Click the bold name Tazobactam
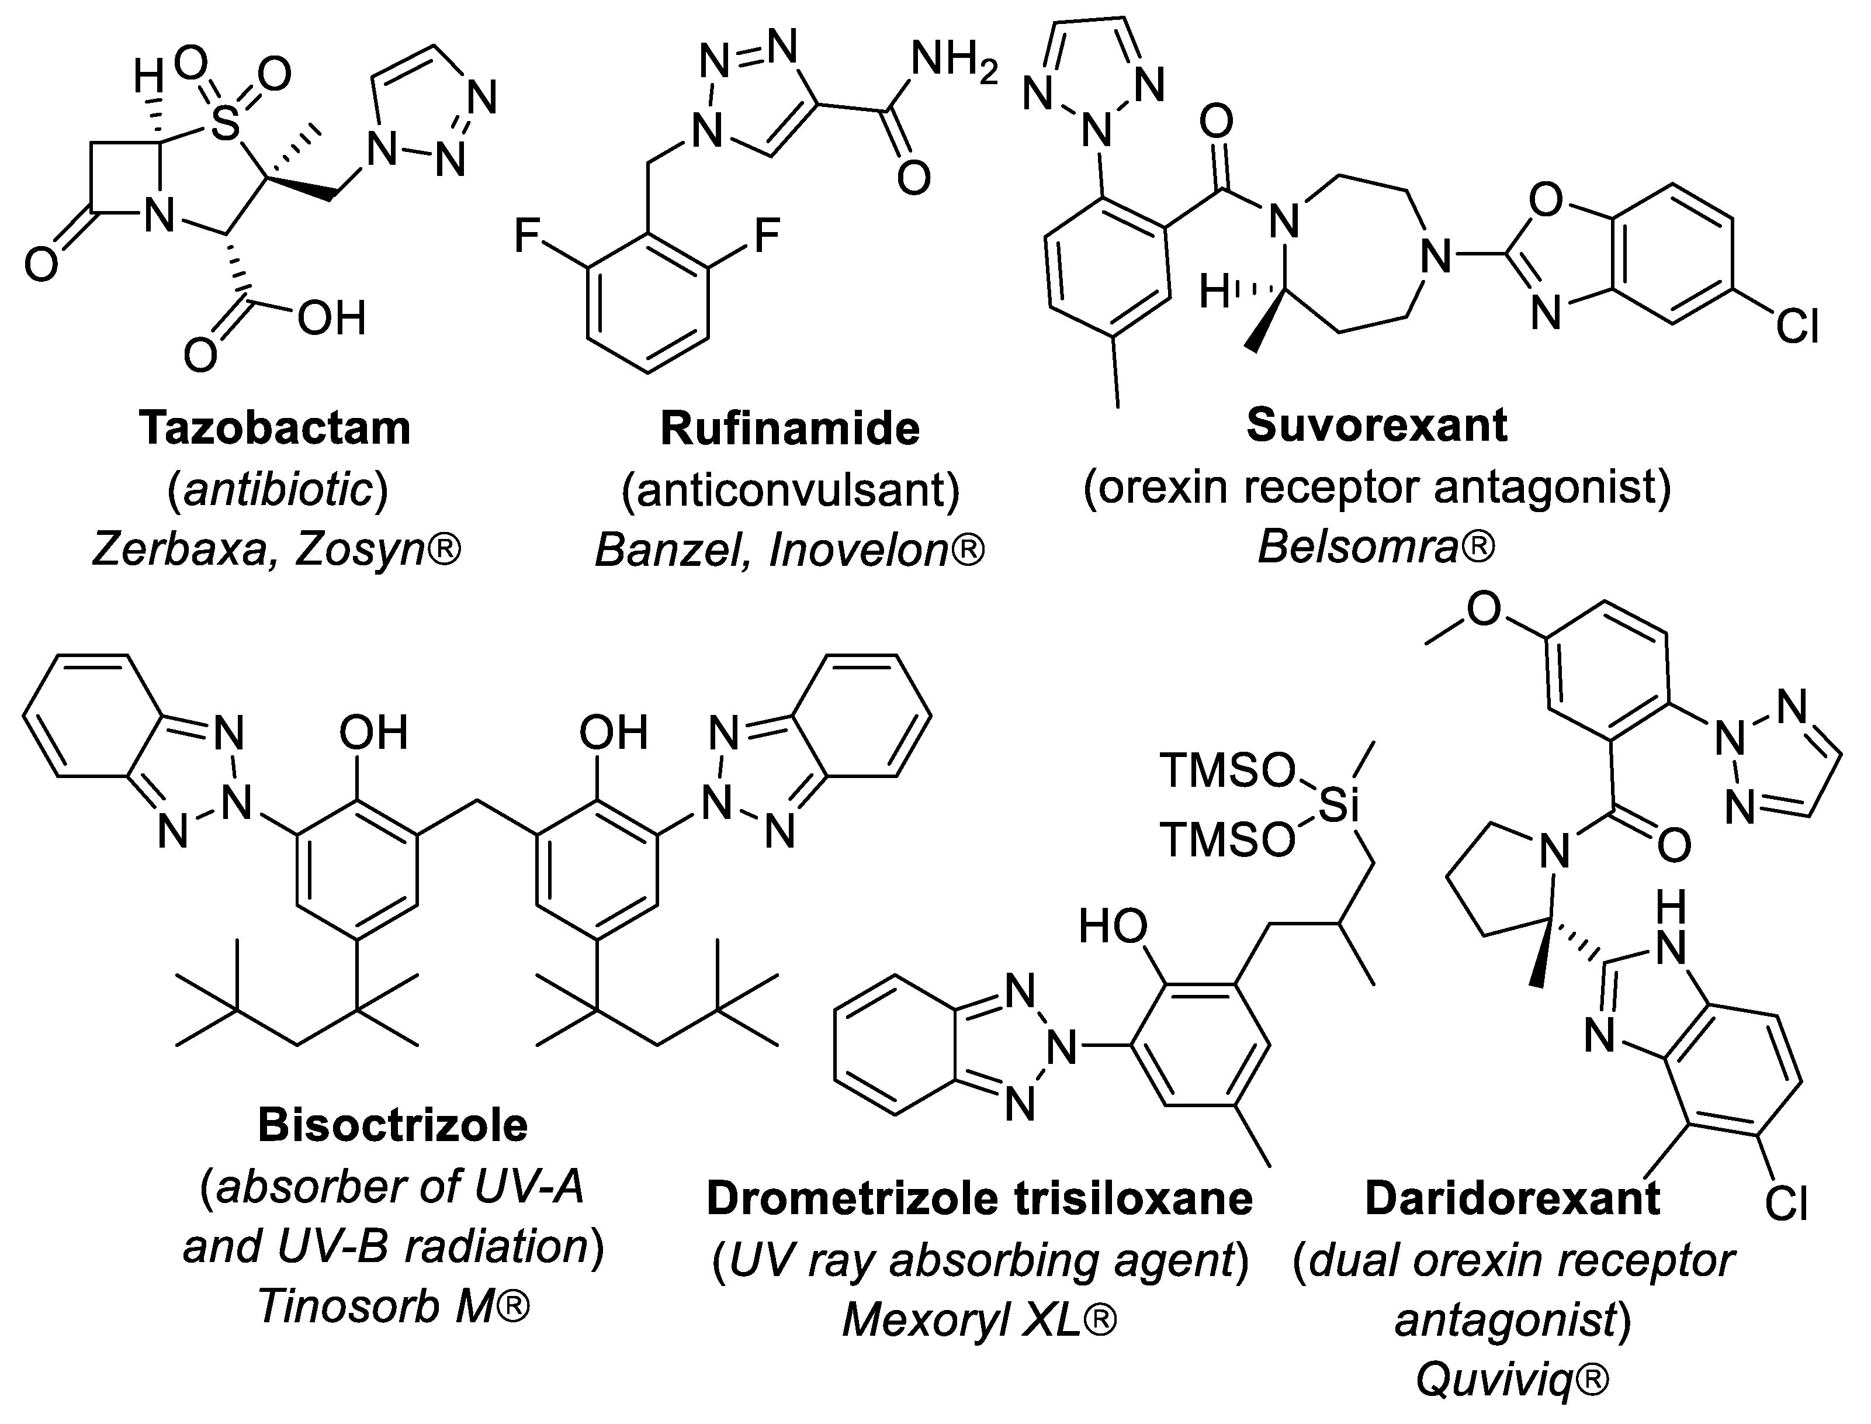(x=275, y=427)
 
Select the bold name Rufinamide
(x=790, y=428)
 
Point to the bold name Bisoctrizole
(x=392, y=1125)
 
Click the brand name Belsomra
(x=1364, y=547)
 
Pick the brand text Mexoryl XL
(x=966, y=1320)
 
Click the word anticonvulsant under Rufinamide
(x=790, y=489)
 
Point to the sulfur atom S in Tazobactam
(x=224, y=126)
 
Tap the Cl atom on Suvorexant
(x=1796, y=326)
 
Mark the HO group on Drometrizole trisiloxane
(x=1113, y=927)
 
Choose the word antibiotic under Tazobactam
(x=278, y=489)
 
